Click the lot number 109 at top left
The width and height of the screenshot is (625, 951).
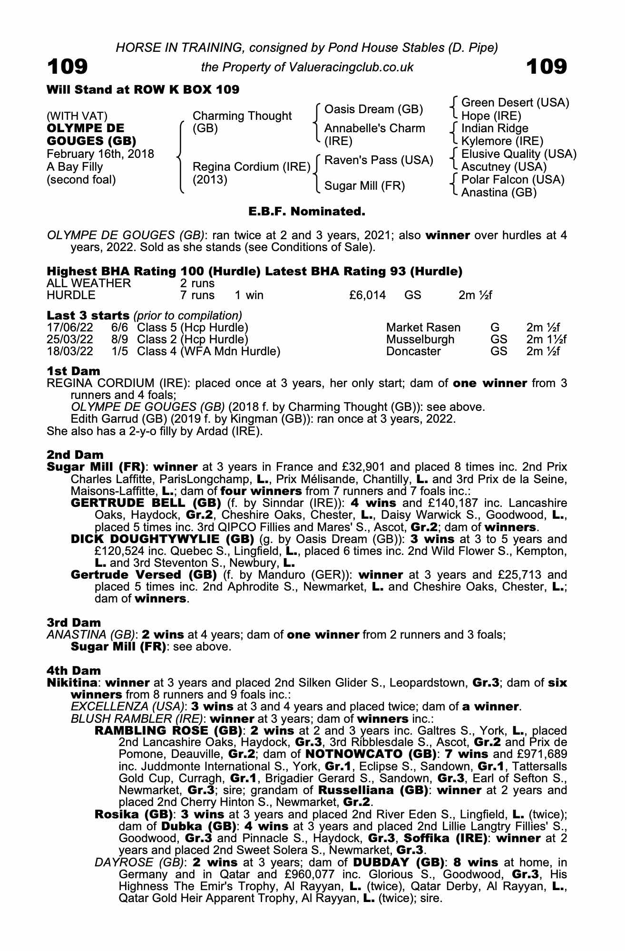click(x=67, y=67)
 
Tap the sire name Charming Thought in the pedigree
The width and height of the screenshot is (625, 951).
click(x=242, y=116)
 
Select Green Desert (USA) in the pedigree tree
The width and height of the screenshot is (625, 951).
click(x=515, y=103)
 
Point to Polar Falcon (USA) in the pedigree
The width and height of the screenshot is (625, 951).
click(x=513, y=180)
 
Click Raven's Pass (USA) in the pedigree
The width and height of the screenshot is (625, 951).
click(x=378, y=160)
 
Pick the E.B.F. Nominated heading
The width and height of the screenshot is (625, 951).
click(x=307, y=211)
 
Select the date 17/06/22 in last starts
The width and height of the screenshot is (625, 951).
click(x=70, y=328)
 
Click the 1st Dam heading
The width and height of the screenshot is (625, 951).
click(x=73, y=371)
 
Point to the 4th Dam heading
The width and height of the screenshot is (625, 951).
click(x=74, y=671)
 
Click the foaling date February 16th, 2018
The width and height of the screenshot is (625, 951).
click(x=100, y=154)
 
